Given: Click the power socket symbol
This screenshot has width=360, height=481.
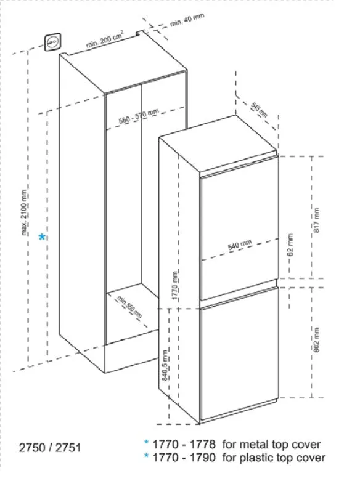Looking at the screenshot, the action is click(x=53, y=42).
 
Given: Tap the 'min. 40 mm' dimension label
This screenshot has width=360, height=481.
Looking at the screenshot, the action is click(x=187, y=19).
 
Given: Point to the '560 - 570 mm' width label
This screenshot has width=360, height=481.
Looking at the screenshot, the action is click(x=139, y=116).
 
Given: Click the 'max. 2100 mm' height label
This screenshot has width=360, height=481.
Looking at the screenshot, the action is click(x=25, y=212).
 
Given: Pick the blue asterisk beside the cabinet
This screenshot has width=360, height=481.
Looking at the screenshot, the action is click(x=42, y=237).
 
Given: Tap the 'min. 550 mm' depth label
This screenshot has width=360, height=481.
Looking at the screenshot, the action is click(x=129, y=307).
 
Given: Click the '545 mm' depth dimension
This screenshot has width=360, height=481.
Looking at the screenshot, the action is click(x=259, y=110).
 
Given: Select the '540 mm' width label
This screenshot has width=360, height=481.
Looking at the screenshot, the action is click(x=240, y=245).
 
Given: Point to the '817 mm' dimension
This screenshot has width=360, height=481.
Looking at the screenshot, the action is click(x=316, y=220).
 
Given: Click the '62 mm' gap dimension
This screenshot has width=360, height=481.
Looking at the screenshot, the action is click(x=290, y=245).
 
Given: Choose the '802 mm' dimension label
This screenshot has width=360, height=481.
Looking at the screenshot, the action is click(x=316, y=339).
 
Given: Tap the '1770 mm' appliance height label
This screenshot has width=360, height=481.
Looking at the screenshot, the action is click(x=175, y=285).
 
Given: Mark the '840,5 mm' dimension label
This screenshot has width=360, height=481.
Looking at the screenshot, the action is click(x=165, y=365).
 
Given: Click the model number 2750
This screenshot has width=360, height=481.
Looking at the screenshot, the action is click(x=32, y=448).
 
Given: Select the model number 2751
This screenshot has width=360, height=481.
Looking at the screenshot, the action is click(x=68, y=448).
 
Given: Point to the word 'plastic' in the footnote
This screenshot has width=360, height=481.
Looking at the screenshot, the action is click(x=257, y=458).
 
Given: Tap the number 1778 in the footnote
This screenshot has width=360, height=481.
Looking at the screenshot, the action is click(x=203, y=444).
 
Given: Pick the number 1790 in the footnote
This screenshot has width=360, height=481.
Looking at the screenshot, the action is click(x=203, y=458).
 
